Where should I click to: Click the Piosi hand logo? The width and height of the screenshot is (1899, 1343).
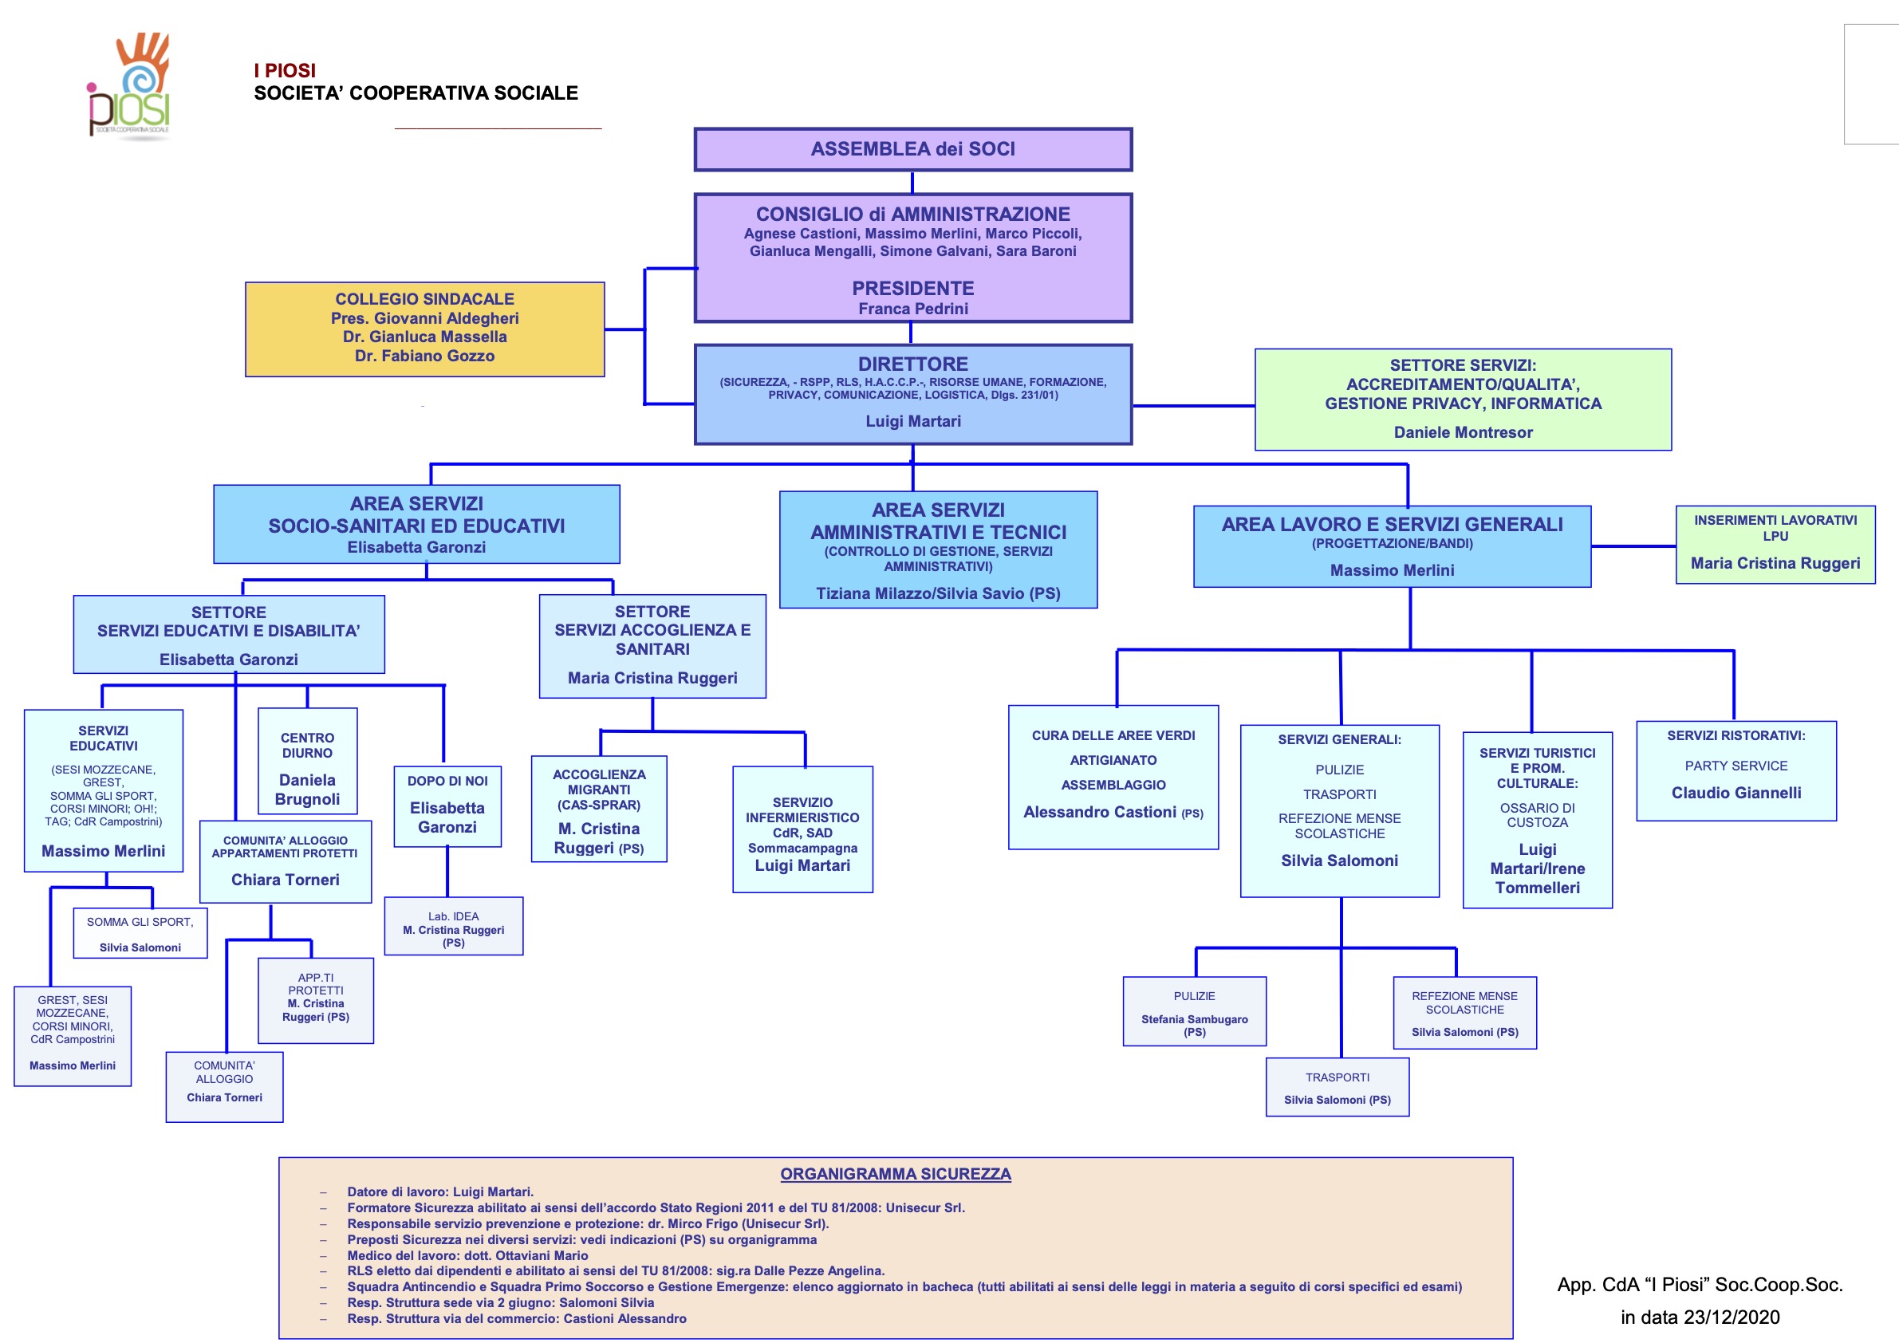pyautogui.click(x=129, y=85)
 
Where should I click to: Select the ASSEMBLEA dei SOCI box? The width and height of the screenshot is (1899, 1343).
pyautogui.click(x=912, y=150)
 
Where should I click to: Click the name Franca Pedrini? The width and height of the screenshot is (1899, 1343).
pyautogui.click(x=912, y=309)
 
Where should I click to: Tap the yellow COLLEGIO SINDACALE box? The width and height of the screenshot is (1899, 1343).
pyautogui.click(x=424, y=329)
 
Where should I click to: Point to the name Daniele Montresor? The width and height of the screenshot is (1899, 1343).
pyautogui.click(x=1462, y=432)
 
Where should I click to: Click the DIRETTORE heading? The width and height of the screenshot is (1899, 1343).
pyautogui.click(x=912, y=364)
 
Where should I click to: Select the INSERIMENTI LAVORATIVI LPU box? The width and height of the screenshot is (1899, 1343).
pyautogui.click(x=1775, y=545)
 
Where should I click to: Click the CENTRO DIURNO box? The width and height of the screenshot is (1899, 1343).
pyautogui.click(x=307, y=761)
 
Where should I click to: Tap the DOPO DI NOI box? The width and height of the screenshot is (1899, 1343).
pyautogui.click(x=447, y=806)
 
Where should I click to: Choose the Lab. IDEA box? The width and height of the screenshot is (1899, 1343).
pyautogui.click(x=453, y=926)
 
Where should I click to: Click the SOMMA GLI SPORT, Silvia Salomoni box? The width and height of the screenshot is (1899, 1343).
pyautogui.click(x=140, y=934)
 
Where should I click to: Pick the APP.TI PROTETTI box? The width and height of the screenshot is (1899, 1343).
pyautogui.click(x=315, y=1001)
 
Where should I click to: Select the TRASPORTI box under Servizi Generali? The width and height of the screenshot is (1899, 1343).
pyautogui.click(x=1337, y=1088)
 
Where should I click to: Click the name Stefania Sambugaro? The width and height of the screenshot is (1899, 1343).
pyautogui.click(x=1193, y=1020)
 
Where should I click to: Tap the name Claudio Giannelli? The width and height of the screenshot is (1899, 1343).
pyautogui.click(x=1735, y=793)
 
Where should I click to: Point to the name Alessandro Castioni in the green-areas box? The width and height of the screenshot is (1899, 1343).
pyautogui.click(x=1099, y=812)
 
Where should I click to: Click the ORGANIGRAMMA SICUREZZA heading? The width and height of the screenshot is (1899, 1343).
pyautogui.click(x=895, y=1173)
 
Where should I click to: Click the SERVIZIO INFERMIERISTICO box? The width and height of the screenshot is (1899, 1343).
pyautogui.click(x=802, y=829)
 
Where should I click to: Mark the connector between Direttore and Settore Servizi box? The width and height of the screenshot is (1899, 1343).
pyautogui.click(x=1193, y=405)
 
